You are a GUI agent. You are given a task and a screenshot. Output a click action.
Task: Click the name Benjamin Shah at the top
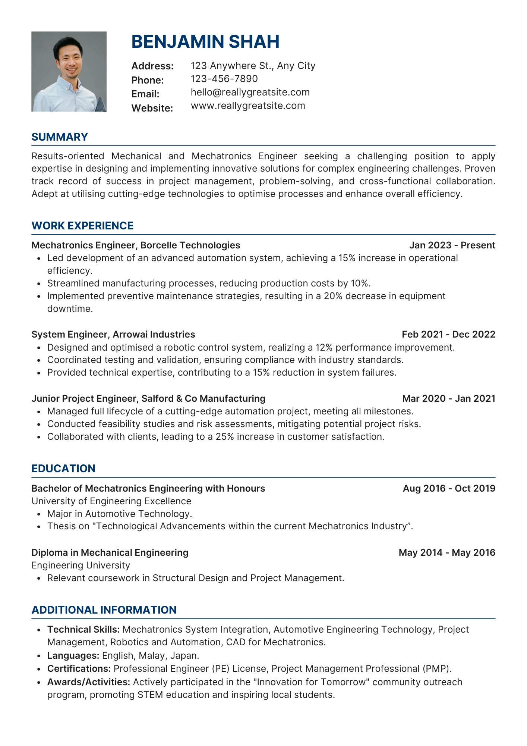pos(205,41)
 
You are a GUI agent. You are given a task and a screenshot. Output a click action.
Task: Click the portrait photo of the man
pos(69,72)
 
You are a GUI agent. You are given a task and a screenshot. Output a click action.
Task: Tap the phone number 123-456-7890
pos(224,79)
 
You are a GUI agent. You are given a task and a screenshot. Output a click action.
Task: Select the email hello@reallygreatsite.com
pos(250,92)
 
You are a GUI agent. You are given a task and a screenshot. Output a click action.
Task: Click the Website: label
pos(152,108)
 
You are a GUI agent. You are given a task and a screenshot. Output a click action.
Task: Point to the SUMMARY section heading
pos(60,137)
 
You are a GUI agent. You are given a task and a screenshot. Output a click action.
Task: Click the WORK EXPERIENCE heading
pos(82,226)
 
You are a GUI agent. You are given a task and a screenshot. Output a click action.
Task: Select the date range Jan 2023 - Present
pos(452,245)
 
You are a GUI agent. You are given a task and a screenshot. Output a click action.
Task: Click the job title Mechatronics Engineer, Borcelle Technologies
pos(136,245)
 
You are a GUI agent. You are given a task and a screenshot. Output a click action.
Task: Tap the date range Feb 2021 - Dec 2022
pos(448,334)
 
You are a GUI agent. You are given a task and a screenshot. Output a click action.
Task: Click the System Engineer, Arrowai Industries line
pos(113,334)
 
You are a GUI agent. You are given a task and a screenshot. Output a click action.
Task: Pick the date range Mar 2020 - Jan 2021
pos(449,398)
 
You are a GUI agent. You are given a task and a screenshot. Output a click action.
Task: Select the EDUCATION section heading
pos(63,468)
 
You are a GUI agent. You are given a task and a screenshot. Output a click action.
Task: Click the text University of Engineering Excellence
pos(111,501)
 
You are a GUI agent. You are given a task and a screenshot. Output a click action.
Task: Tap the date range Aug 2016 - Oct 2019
pos(449,488)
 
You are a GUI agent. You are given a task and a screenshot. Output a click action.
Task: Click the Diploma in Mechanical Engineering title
pos(110,552)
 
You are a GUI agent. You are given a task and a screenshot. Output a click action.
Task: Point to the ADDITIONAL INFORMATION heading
pos(104,610)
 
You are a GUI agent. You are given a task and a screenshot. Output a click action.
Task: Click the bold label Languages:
pos(73,655)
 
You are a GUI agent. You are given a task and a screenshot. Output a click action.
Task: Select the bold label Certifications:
pos(79,668)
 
